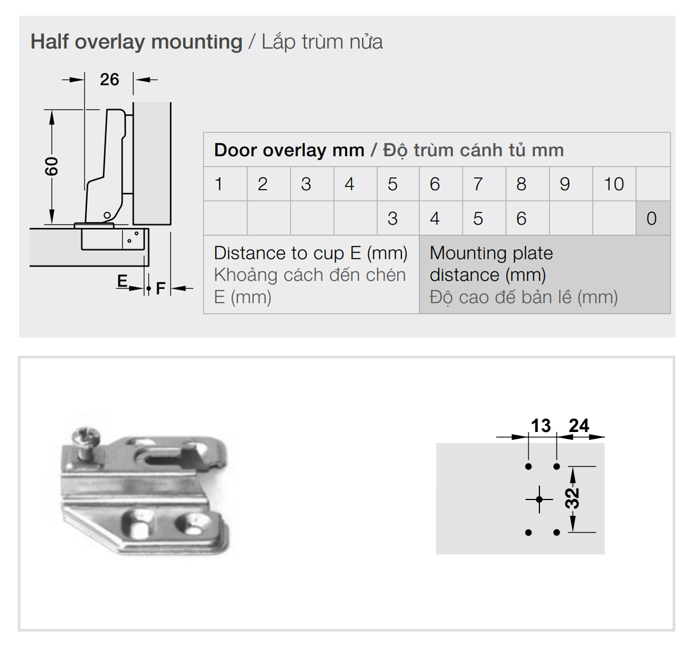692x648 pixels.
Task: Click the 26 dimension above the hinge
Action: pos(109,80)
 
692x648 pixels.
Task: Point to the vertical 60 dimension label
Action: pos(52,166)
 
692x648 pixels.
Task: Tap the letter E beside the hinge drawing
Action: pos(122,281)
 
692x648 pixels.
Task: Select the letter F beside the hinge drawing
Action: pos(160,289)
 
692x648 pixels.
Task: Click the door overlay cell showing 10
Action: pos(614,184)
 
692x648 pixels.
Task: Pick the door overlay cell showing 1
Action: pos(225,184)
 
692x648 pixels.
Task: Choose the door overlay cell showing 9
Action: pos(571,184)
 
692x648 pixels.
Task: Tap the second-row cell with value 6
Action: pos(528,218)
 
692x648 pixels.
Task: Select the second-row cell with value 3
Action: pos(398,218)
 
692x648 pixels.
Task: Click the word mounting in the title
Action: pos(197,43)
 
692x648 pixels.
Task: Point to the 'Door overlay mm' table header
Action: pos(289,150)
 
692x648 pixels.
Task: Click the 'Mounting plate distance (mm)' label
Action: pos(492,264)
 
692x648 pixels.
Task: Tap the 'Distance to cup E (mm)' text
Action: pos(311,253)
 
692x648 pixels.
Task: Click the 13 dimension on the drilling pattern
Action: pos(541,425)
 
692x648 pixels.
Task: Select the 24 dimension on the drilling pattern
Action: pos(579,425)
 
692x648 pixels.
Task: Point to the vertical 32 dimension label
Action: pos(572,498)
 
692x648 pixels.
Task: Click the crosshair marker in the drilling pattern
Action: pos(539,499)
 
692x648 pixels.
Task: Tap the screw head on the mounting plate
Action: pos(86,436)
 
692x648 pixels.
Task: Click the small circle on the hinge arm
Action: pos(108,215)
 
